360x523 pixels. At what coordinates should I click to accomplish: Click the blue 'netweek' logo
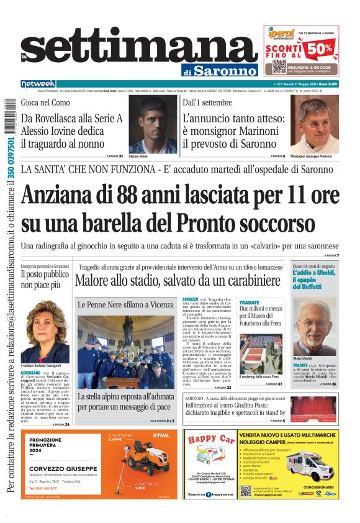[x=38, y=83]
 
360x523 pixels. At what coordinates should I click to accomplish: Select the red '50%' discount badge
[x=328, y=47]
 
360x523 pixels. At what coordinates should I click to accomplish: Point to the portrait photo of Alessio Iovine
[x=154, y=124]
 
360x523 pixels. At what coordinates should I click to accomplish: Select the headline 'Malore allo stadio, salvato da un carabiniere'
[x=177, y=281]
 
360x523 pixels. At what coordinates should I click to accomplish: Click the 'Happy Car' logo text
[x=210, y=442]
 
